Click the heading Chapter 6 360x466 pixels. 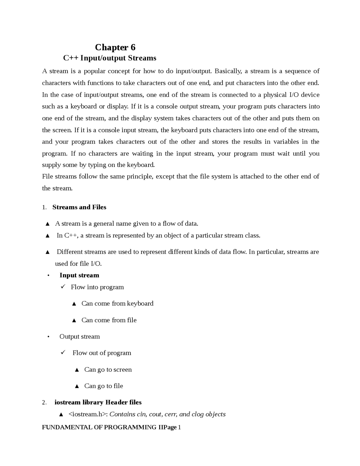[115, 47]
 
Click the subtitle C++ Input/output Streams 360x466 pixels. [110, 58]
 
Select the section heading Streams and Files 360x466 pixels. [79, 207]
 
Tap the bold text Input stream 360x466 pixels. [79, 275]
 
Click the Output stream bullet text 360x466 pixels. [80, 337]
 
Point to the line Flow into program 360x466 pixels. [97, 287]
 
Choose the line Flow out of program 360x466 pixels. [102, 353]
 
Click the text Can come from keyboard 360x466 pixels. [117, 303]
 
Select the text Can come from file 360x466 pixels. [109, 320]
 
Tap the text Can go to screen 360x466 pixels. [108, 369]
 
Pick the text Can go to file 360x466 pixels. [103, 386]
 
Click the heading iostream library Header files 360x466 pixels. [98, 402]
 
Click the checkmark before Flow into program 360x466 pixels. [63, 287]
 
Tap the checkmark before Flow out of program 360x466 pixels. [63, 352]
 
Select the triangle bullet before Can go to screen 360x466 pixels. [77, 370]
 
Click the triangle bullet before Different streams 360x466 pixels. [48, 252]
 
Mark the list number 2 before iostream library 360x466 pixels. [44, 403]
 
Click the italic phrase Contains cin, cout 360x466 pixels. [138, 414]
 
